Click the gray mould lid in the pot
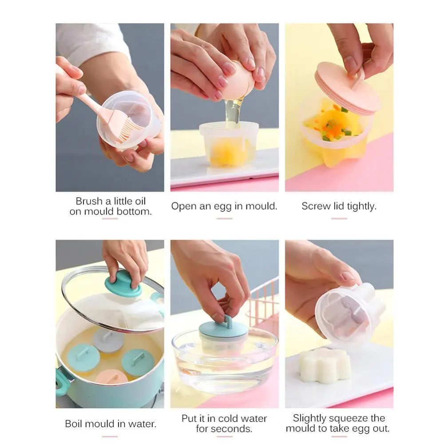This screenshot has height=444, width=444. coord(109,339)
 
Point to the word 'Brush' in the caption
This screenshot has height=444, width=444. coord(89,201)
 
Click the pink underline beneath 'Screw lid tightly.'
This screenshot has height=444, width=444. coord(339,218)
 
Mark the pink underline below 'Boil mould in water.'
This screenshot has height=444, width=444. coord(110,436)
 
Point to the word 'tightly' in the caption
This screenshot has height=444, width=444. coord(360,206)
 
